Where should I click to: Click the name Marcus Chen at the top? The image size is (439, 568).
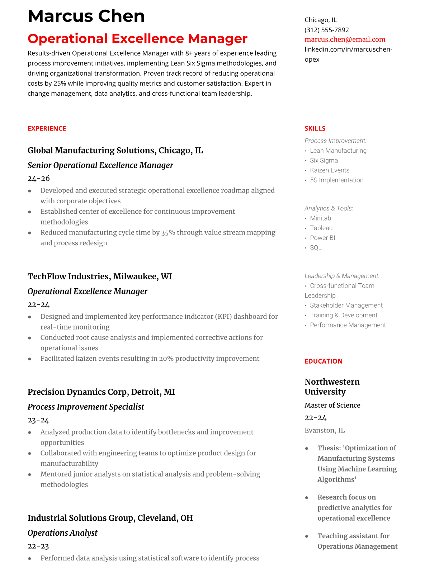(86, 16)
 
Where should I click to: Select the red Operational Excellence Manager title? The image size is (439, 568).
(137, 39)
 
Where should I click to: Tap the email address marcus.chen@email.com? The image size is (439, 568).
(345, 39)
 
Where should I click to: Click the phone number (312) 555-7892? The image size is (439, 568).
(326, 30)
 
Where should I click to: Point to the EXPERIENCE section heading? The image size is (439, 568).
(47, 128)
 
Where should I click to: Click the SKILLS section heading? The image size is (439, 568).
(315, 128)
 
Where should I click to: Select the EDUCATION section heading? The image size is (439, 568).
(323, 361)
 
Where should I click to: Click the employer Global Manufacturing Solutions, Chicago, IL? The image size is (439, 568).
(115, 151)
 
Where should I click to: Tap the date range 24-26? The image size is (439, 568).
(38, 178)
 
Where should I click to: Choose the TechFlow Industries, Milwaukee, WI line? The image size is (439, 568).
(100, 276)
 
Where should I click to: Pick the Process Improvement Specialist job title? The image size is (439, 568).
(86, 407)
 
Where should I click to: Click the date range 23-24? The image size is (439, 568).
(38, 420)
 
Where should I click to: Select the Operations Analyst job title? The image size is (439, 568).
(62, 533)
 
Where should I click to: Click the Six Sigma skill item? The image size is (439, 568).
(324, 160)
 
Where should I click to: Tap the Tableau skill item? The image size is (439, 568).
(321, 228)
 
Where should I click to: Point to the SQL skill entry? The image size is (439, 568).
(315, 247)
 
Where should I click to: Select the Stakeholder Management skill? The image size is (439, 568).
(346, 305)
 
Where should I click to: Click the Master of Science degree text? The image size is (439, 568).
(332, 405)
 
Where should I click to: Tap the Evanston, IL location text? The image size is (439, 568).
(324, 430)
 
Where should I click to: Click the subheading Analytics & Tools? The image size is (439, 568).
(329, 208)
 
